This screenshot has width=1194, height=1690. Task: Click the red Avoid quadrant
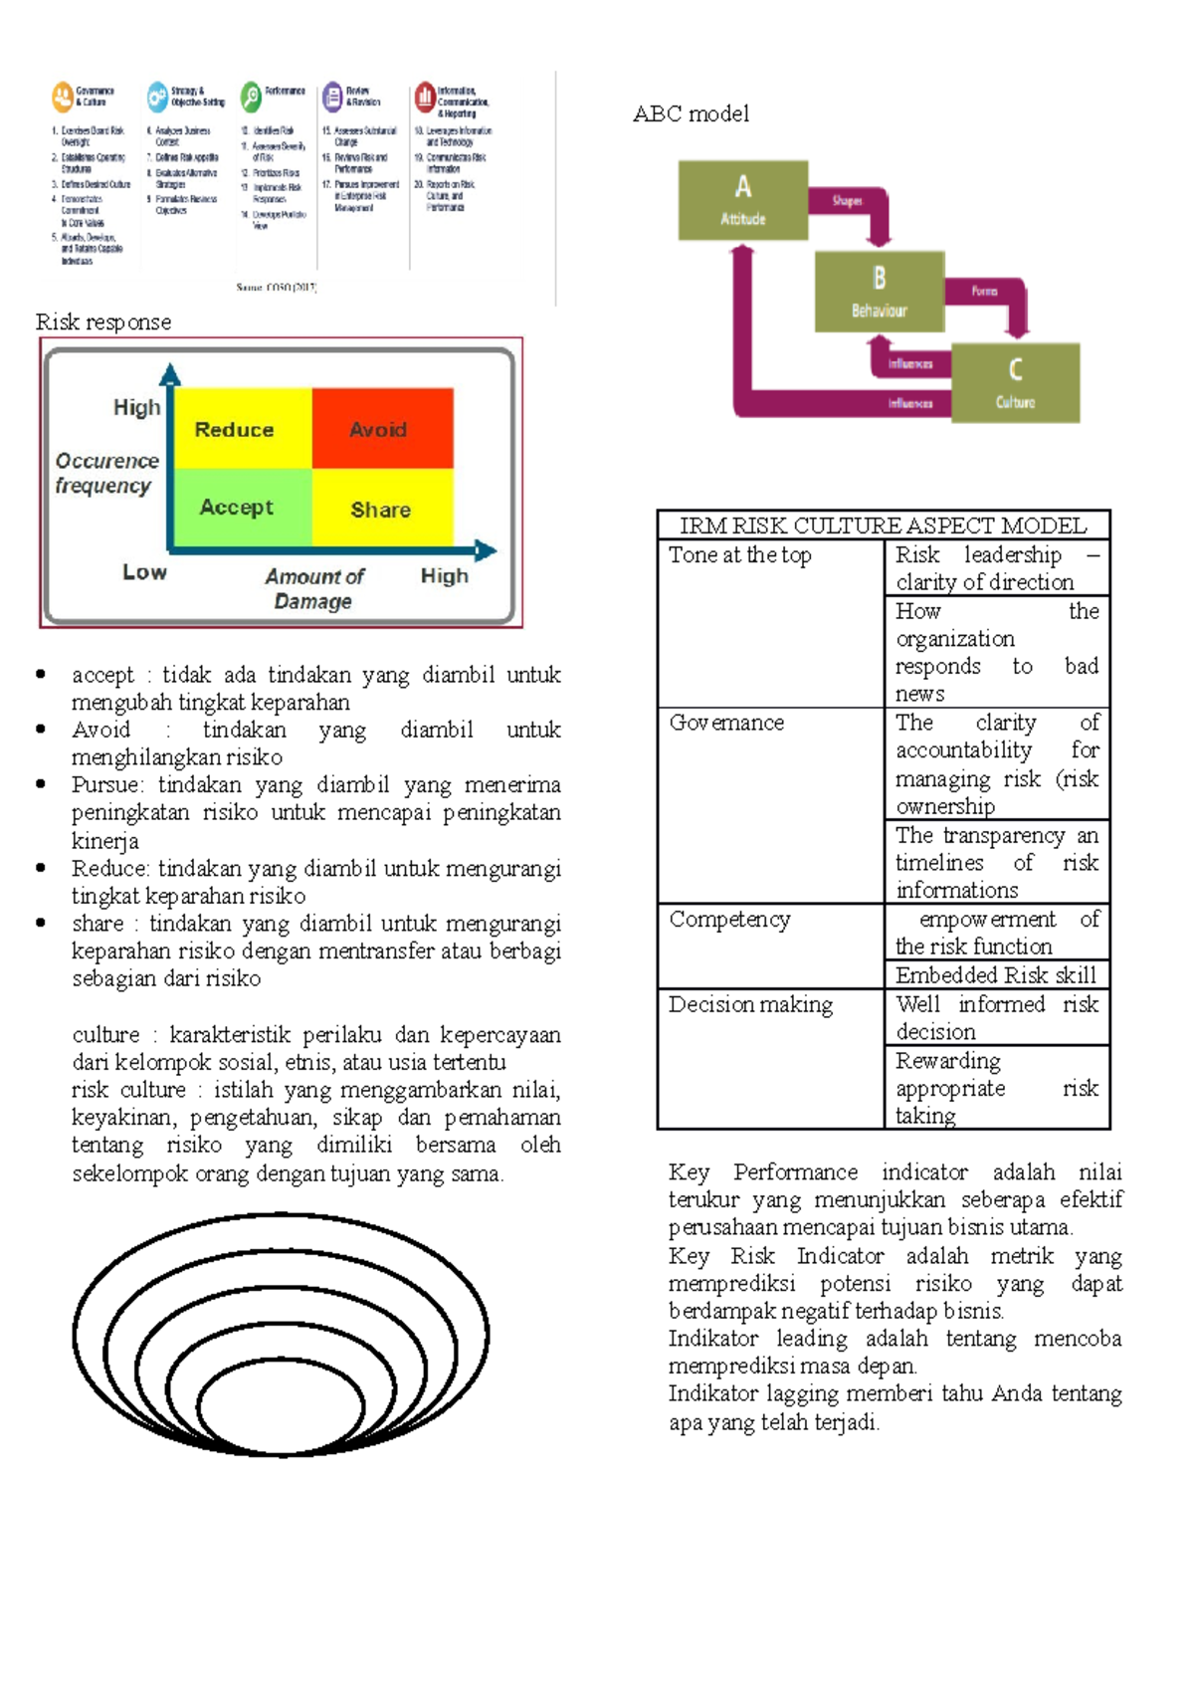pos(382,428)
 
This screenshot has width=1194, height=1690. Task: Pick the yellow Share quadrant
pos(382,509)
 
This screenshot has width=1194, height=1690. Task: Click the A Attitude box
pos(742,200)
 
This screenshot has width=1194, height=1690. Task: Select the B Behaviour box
pos(879,291)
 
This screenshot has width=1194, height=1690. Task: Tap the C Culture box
pos(1015,383)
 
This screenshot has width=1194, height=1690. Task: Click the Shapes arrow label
pos(847,201)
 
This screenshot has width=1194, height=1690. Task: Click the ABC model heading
pos(691,114)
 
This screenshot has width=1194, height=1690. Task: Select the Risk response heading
pos(103,322)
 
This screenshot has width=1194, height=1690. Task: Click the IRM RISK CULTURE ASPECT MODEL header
pos(883,526)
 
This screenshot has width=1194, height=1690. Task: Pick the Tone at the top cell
pos(740,555)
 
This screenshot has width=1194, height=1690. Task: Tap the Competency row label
pos(729,920)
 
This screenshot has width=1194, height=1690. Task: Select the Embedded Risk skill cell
pos(995,975)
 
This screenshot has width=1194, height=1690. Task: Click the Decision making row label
pos(750,1005)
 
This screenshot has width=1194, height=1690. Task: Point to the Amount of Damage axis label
pos(314,588)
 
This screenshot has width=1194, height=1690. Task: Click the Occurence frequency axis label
pos(106,473)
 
